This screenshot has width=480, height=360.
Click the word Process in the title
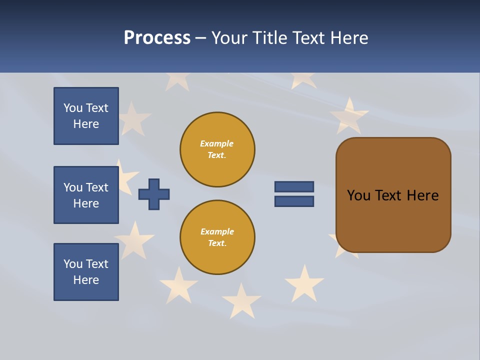[157, 38]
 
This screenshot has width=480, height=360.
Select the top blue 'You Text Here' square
[86, 116]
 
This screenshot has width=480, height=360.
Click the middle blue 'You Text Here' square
[86, 195]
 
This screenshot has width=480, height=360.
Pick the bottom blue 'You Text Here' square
[86, 272]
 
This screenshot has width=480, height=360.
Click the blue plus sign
[154, 194]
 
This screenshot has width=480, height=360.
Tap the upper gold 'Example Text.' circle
[217, 149]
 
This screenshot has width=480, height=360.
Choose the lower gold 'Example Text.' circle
[217, 237]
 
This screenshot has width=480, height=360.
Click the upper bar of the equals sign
[294, 187]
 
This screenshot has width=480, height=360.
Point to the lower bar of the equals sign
[294, 201]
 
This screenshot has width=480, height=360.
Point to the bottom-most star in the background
[241, 301]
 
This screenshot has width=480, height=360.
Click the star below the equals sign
[304, 283]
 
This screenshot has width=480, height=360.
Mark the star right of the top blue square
[133, 119]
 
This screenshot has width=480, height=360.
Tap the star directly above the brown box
[348, 116]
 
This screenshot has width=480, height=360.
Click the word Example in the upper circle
[217, 144]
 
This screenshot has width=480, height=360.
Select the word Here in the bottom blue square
[86, 280]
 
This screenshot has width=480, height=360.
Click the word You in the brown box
[358, 195]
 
